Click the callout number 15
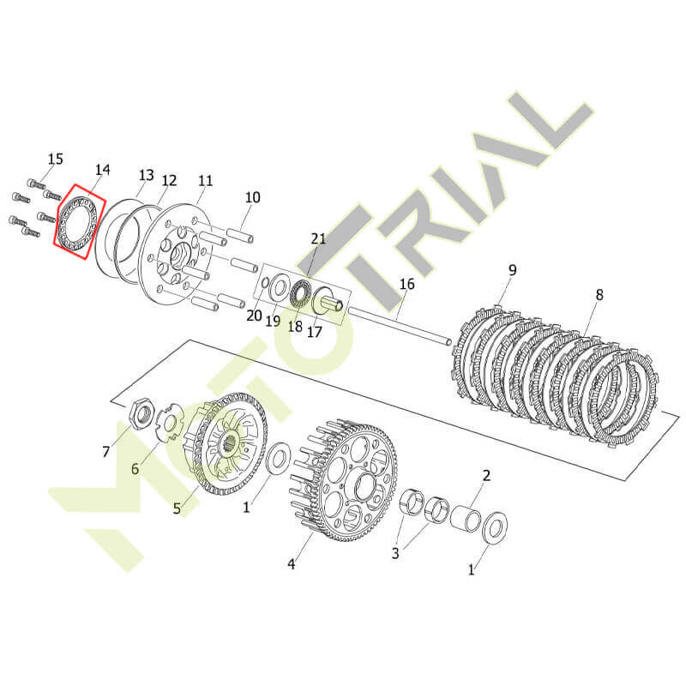click(56, 159)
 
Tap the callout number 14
click(103, 169)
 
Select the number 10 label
click(252, 197)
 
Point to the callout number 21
click(318, 239)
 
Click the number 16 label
click(406, 284)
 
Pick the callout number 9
click(512, 270)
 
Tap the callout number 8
click(599, 295)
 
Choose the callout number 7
click(105, 452)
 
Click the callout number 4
click(292, 564)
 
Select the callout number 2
click(486, 476)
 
